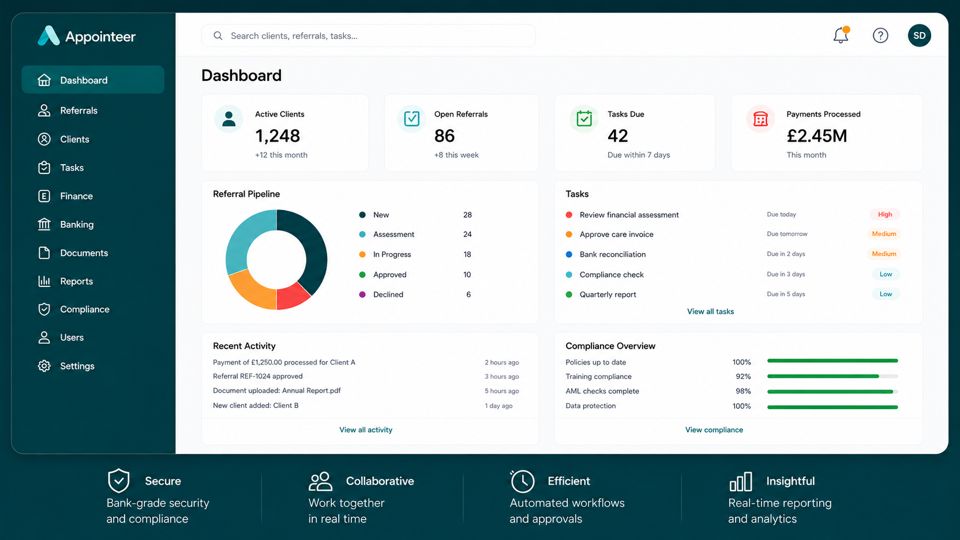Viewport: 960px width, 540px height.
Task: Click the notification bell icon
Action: [841, 35]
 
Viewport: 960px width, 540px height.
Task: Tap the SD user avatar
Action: [919, 36]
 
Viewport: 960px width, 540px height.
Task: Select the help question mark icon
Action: [880, 36]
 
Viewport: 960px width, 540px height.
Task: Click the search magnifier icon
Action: [218, 36]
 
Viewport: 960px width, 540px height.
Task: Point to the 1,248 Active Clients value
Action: [277, 136]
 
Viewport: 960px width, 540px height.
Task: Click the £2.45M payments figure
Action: [817, 136]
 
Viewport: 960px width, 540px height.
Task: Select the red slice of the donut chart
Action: [292, 296]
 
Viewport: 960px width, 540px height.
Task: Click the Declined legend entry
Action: [388, 294]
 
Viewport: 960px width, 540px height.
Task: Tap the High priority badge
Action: [885, 214]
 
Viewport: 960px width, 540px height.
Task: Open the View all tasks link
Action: [710, 312]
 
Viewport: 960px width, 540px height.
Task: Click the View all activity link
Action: [366, 430]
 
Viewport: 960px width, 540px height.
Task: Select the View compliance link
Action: [714, 430]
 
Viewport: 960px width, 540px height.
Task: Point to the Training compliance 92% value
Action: [743, 376]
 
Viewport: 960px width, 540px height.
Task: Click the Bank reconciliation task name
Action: [613, 254]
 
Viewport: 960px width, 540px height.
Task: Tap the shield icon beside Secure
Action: [119, 480]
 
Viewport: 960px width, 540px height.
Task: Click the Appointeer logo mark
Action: [48, 36]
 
